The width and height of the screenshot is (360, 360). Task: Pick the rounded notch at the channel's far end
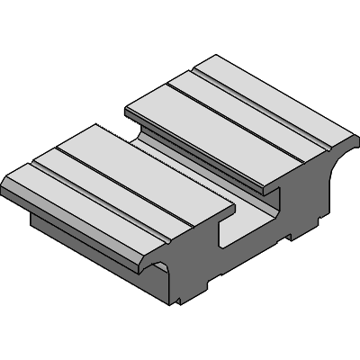point(144,135)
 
